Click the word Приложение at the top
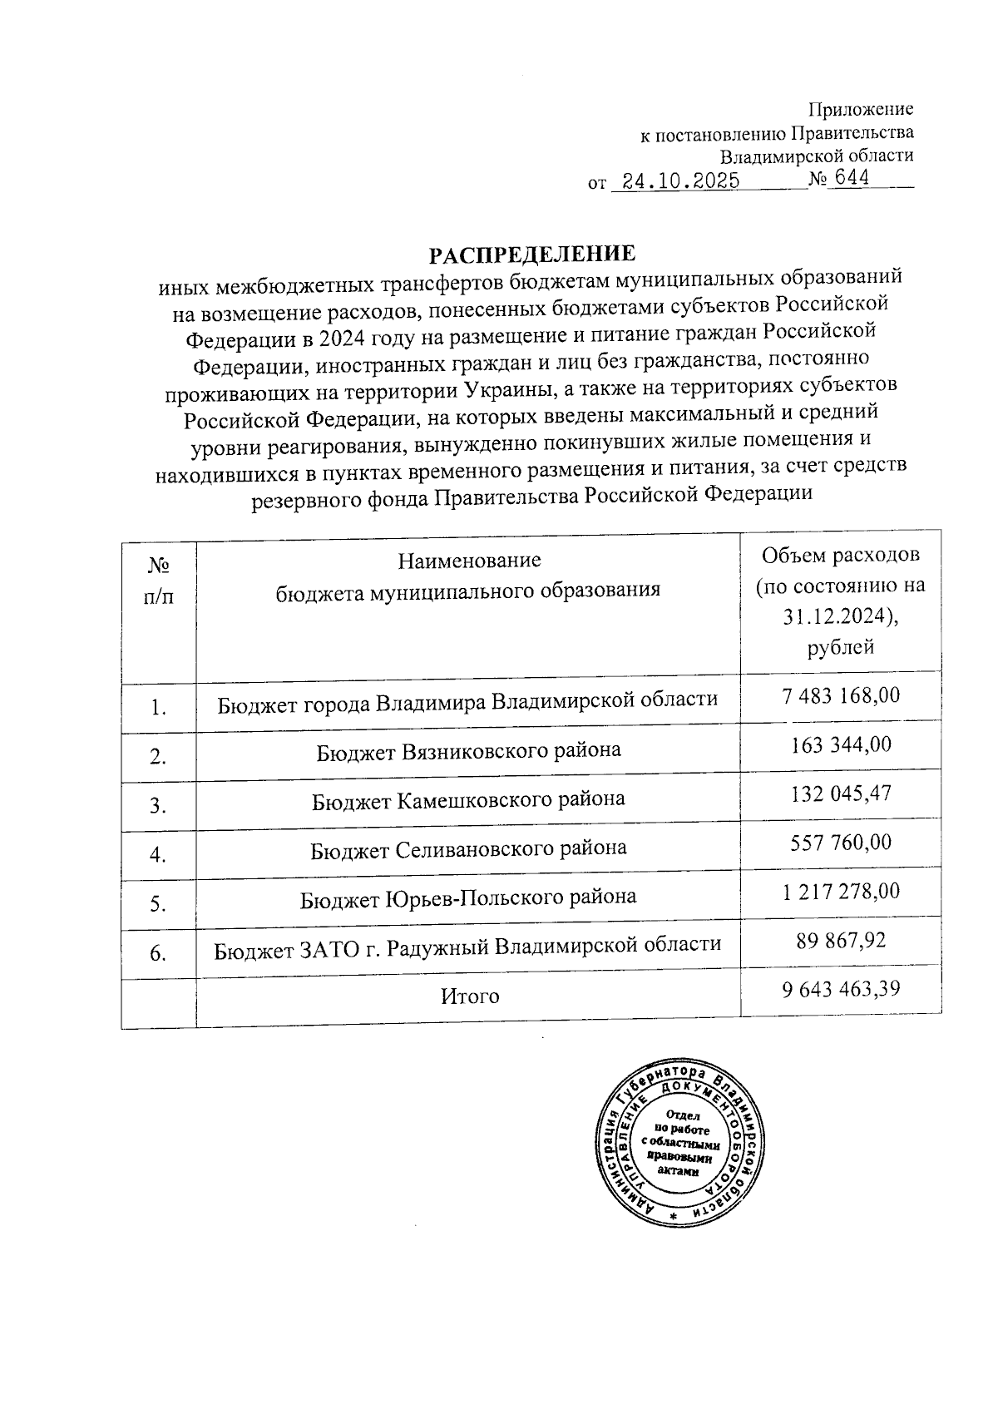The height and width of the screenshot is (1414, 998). pos(861,109)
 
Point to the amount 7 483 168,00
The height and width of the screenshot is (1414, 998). pos(841,695)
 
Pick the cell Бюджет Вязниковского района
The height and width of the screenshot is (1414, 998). pos(468,750)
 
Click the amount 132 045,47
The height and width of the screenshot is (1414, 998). pos(841,794)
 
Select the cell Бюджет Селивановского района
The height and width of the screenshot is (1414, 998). pos(468,848)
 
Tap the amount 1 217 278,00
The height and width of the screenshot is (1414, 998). pos(841,892)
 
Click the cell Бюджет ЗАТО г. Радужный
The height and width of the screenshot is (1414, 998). pos(467,946)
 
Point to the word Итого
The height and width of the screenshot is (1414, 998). pos(470,996)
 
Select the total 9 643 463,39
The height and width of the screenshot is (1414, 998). pos(841,989)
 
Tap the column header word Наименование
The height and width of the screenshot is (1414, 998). pos(469,560)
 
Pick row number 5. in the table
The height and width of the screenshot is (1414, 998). pos(159,904)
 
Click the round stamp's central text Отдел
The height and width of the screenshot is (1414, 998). pos(683,1115)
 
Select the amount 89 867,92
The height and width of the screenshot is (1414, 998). pos(841,940)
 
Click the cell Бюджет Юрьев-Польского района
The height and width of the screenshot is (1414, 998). pos(468,897)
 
